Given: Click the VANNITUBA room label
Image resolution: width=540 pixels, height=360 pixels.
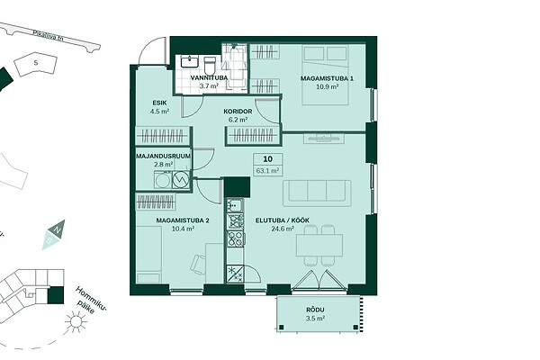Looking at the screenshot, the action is coord(210,78).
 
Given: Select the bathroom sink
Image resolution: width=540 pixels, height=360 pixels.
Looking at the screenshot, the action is coord(189,62).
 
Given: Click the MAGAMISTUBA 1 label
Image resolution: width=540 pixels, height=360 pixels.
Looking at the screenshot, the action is coord(328,78).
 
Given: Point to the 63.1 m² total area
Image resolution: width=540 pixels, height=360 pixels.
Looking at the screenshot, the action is coord(267,170).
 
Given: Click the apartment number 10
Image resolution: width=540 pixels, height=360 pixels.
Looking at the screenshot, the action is coord(267,159).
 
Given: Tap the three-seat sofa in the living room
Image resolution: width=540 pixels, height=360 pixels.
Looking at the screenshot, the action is coord(317,193).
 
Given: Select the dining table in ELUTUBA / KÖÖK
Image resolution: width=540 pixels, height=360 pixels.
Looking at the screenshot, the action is coord(319,246).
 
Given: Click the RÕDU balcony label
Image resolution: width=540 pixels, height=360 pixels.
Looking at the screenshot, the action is coord(315,310).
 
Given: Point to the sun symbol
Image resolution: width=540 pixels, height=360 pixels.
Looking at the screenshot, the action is coord(76,322).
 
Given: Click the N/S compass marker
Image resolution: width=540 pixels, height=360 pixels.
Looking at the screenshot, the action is coord(54,235).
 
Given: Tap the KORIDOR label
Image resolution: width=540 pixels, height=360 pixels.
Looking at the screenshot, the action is coord(238,112).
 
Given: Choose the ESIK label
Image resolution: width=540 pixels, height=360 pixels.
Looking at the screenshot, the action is coord(160,103).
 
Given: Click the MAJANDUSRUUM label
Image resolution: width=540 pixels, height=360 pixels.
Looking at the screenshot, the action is coord(163,156).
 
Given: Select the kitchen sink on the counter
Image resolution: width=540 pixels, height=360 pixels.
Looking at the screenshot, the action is coord(235,205).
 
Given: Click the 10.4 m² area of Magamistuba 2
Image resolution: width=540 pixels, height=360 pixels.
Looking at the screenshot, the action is coord(183,229).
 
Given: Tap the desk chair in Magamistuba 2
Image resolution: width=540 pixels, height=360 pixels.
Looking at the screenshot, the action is coord(198,264).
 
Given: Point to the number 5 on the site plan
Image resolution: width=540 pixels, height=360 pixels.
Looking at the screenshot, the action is coord(36,63).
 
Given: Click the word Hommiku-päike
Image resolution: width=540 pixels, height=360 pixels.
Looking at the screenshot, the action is coord(89,301).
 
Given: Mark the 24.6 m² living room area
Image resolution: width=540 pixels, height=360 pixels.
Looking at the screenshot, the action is coord(283,229).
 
